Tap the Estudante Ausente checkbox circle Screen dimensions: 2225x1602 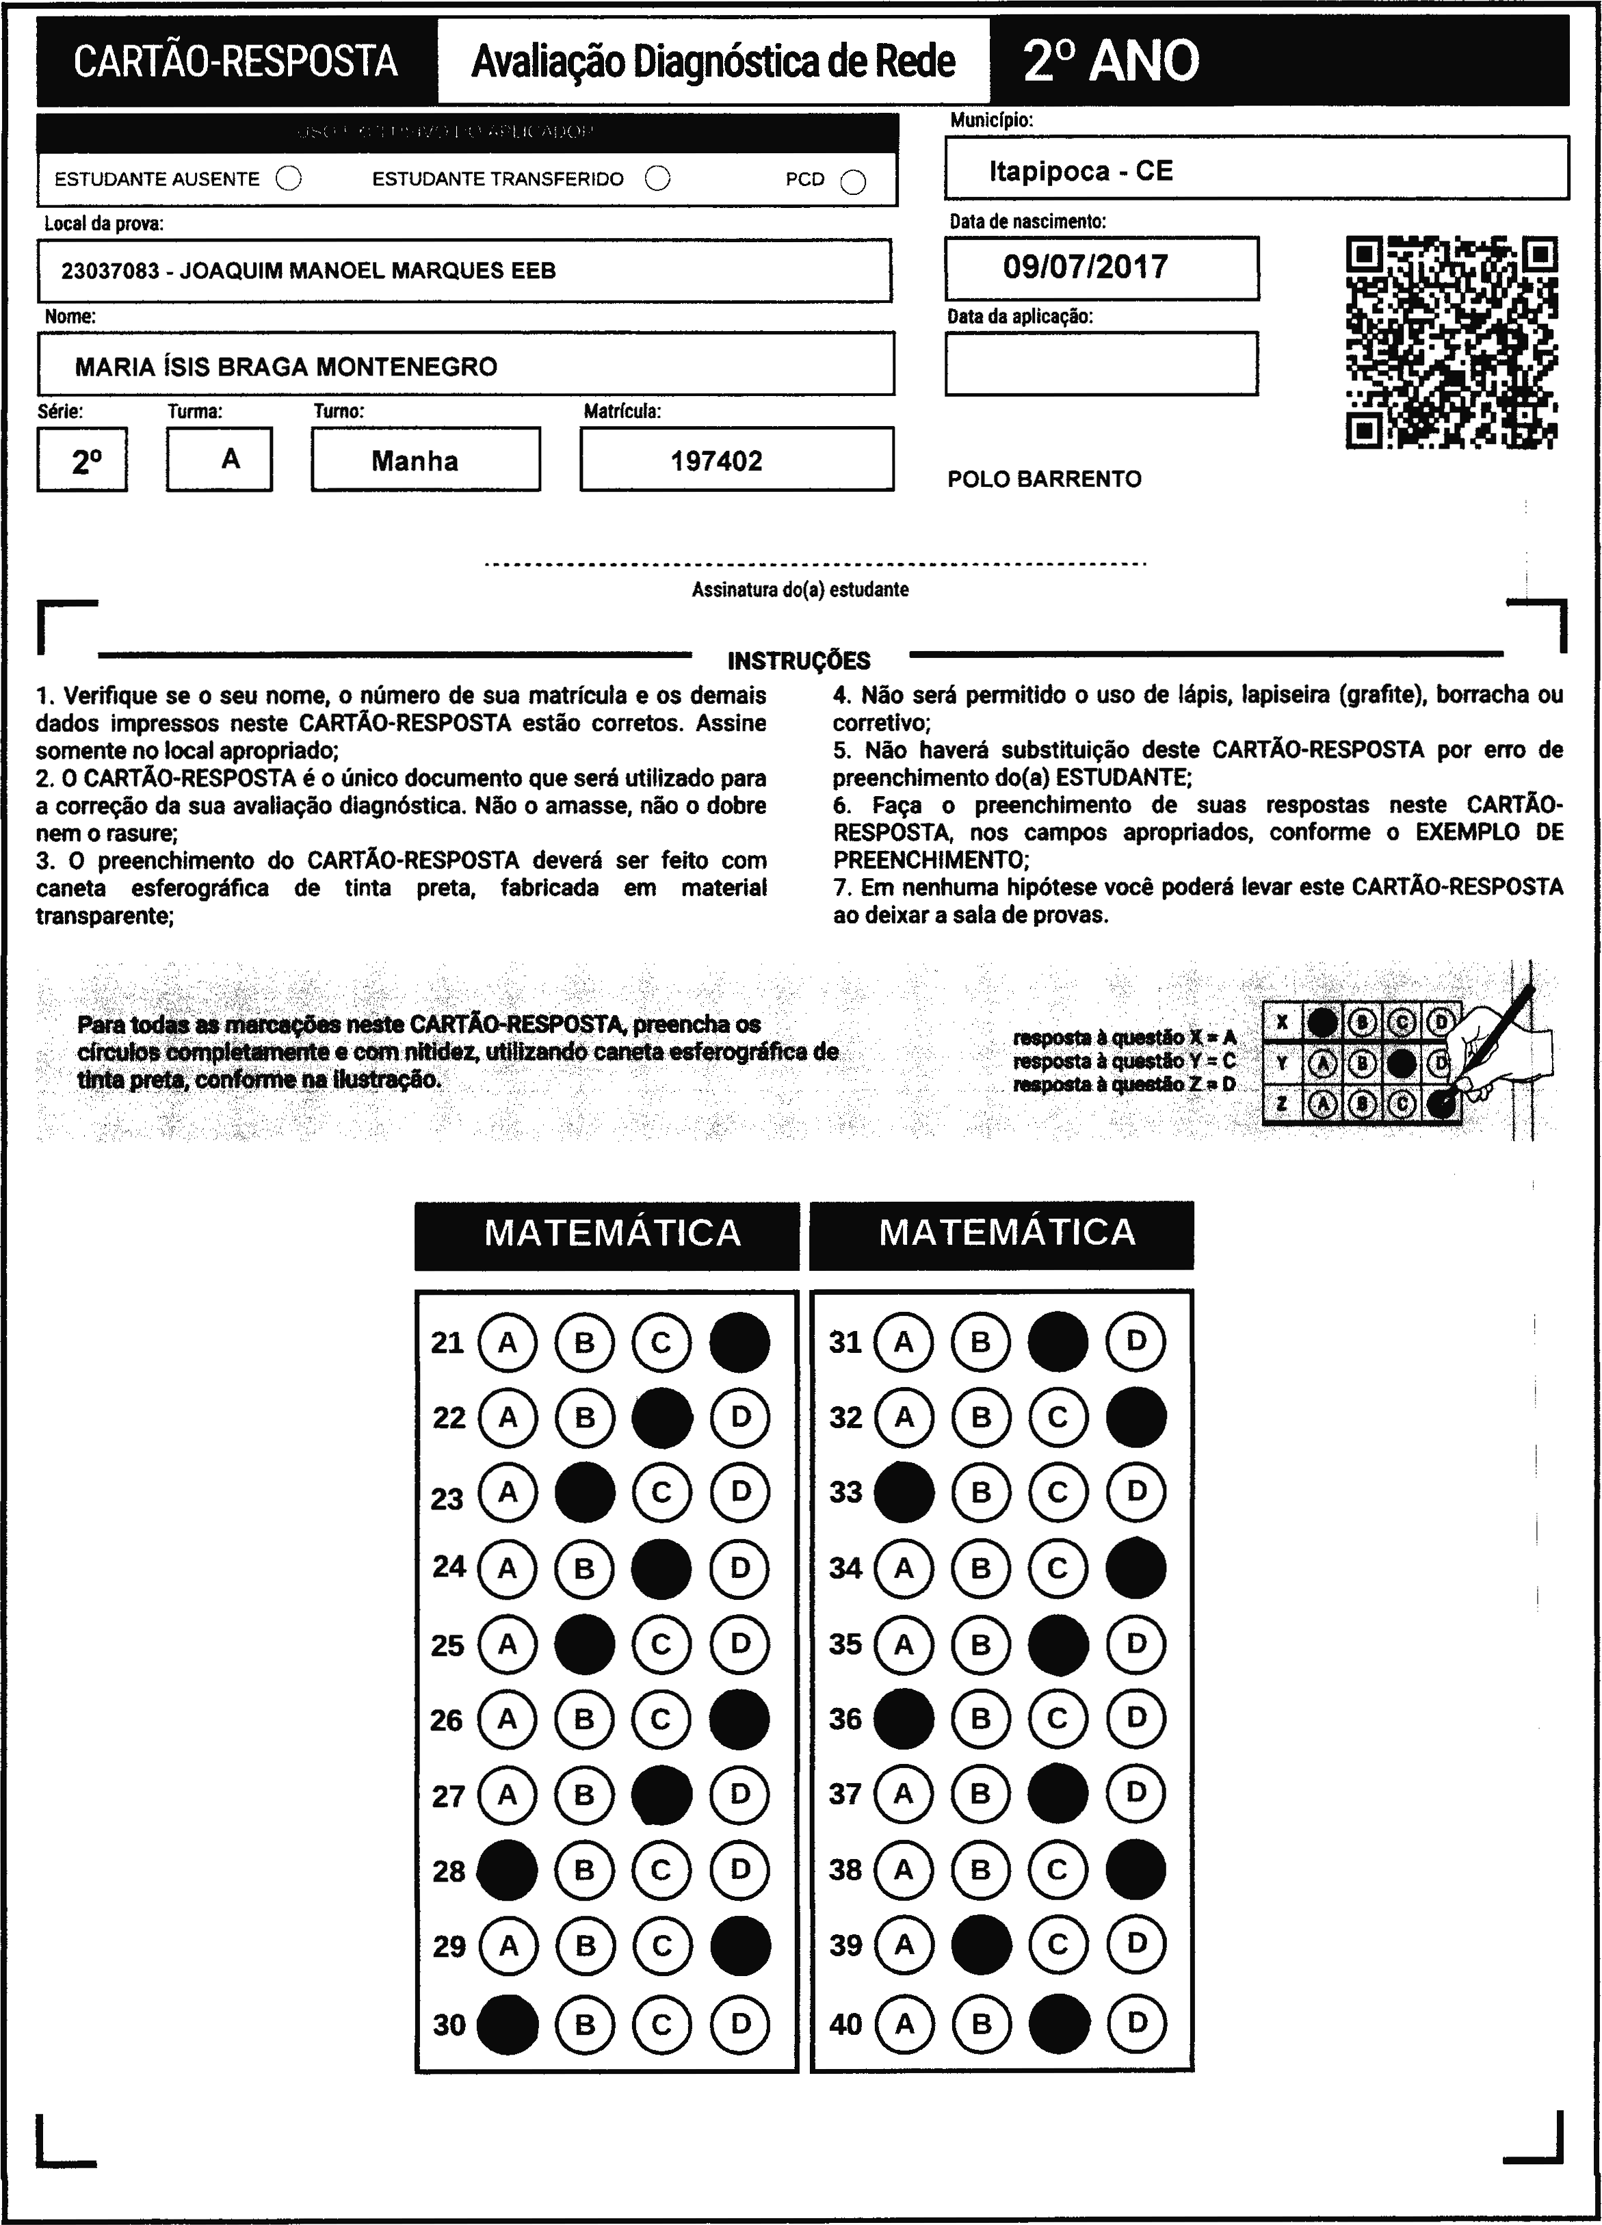289,179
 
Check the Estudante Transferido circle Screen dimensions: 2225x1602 657,179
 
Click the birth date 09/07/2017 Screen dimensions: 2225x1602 1085,267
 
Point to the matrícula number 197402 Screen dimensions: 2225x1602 716,461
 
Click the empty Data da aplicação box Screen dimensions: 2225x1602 1101,363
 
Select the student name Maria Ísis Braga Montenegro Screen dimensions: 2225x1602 287,367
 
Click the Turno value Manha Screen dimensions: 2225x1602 415,461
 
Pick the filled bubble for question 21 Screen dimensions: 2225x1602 739,1341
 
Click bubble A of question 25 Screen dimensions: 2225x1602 507,1643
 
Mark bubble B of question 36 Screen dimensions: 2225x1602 980,1717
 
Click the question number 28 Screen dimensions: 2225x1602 448,1871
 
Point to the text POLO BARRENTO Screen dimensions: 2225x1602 1044,479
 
